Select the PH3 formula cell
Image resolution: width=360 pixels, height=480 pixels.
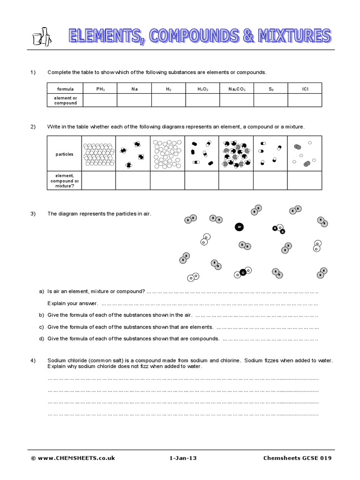(100, 88)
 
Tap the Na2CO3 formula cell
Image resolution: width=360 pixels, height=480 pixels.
(236, 88)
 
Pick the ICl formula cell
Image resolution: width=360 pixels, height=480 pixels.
(305, 88)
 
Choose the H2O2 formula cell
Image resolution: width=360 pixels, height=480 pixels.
(202, 88)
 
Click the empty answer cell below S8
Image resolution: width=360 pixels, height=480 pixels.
(270, 100)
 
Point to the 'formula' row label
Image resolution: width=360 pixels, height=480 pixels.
(65, 88)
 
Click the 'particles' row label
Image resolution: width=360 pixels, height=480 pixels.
(64, 154)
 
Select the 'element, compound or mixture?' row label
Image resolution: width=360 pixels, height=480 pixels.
(64, 180)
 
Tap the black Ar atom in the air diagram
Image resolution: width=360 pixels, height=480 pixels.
(239, 227)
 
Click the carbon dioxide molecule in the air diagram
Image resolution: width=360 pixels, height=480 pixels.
(242, 272)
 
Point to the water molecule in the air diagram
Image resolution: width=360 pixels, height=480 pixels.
(279, 229)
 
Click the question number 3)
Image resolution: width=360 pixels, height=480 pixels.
(33, 214)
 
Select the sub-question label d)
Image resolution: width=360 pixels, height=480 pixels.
(41, 338)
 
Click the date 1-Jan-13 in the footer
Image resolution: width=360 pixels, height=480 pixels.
(183, 458)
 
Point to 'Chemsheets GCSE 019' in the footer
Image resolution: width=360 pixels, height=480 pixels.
(297, 458)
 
